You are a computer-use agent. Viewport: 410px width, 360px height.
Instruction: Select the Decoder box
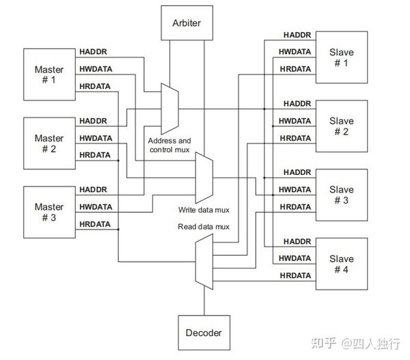(204, 333)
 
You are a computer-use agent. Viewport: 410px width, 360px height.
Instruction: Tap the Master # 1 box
(49, 74)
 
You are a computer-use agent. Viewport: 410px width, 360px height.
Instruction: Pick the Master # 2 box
(49, 143)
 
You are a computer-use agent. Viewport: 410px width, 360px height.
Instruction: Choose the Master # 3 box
(49, 212)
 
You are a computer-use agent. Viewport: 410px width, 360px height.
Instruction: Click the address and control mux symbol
(169, 107)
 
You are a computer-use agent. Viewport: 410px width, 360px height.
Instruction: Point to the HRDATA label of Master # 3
(95, 224)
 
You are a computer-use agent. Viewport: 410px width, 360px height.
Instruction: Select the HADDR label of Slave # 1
(297, 35)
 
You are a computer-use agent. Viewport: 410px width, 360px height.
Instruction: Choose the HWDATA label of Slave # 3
(295, 189)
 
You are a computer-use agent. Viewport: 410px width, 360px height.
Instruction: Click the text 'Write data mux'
(203, 210)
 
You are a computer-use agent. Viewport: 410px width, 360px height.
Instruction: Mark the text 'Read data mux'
(203, 226)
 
